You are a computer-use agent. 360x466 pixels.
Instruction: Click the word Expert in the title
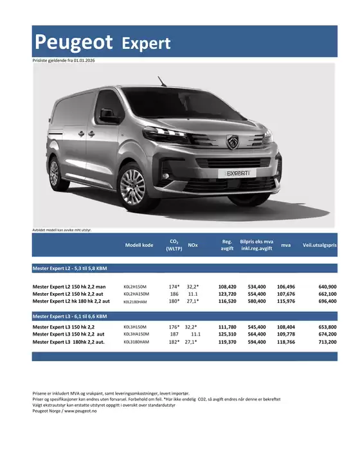pos(146,43)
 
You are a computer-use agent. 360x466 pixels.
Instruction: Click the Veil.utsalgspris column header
pos(319,245)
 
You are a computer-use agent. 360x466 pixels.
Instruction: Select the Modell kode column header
pos(139,245)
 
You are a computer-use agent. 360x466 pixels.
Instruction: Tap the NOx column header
pos(193,245)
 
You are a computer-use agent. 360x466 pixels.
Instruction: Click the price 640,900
pos(327,286)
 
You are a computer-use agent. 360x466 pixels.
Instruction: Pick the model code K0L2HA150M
pos(136,294)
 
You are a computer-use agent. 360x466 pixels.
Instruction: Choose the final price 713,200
pos(327,342)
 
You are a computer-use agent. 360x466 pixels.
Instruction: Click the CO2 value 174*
pos(174,286)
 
